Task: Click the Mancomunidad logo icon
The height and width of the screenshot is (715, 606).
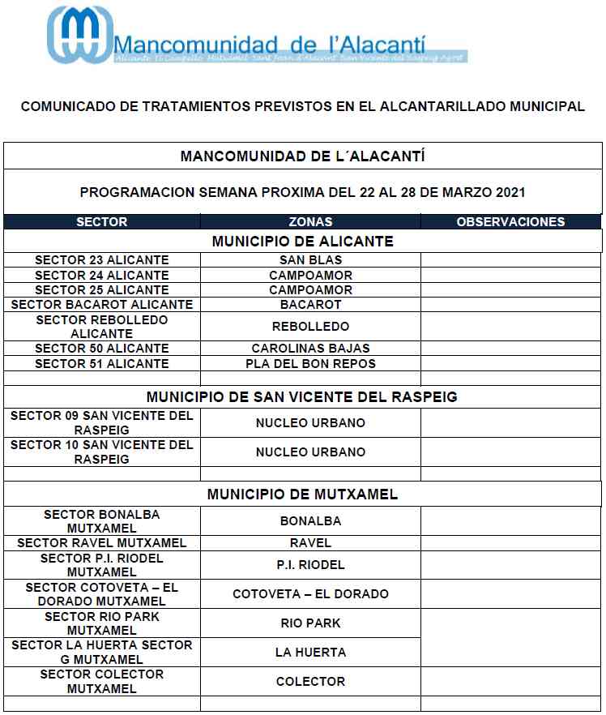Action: [x=79, y=34]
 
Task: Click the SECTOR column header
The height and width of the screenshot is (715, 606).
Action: [x=102, y=221]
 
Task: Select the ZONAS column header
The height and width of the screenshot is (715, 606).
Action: [x=310, y=221]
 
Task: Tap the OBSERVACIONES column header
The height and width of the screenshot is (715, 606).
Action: [x=510, y=221]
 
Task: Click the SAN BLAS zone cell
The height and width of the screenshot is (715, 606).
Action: [x=310, y=260]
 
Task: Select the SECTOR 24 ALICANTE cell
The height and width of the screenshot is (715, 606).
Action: [x=102, y=275]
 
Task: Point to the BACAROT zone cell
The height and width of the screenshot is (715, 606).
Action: [x=310, y=305]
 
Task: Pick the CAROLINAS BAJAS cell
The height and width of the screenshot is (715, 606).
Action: [x=310, y=349]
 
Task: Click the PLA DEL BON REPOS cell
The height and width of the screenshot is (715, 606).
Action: [x=310, y=364]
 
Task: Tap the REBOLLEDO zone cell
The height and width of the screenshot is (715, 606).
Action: [x=310, y=327]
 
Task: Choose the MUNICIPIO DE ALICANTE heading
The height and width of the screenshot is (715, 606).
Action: [x=302, y=242]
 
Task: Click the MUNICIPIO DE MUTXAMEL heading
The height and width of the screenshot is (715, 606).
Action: [x=302, y=495]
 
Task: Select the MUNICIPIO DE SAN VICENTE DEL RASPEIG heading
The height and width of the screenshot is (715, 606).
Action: [x=302, y=397]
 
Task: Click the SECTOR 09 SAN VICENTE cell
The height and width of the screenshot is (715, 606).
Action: [x=102, y=422]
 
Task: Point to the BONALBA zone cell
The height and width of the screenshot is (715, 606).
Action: [x=310, y=521]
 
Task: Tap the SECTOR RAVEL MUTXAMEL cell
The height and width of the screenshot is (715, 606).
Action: [x=102, y=543]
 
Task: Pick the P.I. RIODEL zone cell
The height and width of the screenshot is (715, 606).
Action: [x=310, y=565]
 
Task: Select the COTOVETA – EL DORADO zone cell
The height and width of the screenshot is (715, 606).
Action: [x=310, y=594]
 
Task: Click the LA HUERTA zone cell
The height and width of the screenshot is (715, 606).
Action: [x=310, y=653]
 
